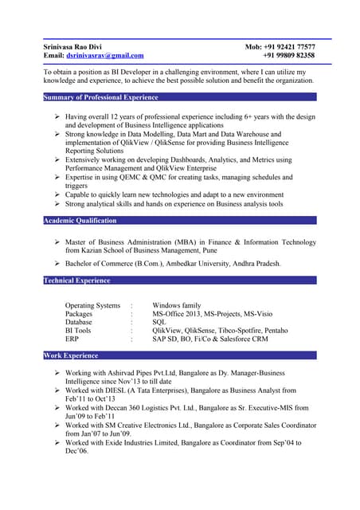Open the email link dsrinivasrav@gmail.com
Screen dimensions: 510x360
105,56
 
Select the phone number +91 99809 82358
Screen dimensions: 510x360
290,56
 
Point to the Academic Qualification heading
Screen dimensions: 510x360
80,221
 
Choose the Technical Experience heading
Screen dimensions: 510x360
76,280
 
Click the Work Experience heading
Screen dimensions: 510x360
71,355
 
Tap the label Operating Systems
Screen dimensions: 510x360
92,305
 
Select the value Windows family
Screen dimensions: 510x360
177,305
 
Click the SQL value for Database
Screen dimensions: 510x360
158,322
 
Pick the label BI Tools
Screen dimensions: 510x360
78,330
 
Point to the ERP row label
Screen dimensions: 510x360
72,339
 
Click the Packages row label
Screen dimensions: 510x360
79,314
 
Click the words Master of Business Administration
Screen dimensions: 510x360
127,242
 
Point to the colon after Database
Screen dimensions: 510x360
131,322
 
